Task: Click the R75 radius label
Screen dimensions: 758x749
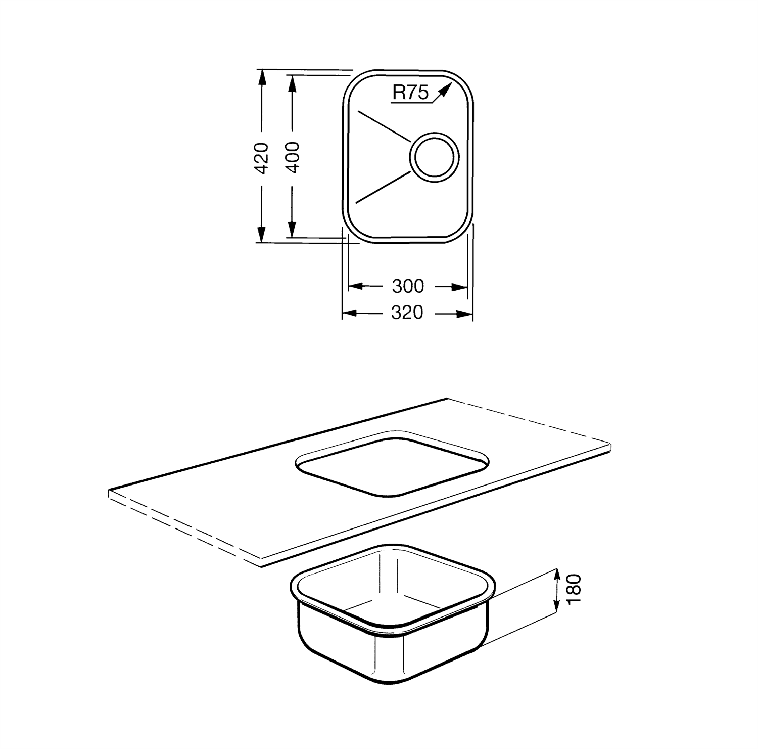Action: pyautogui.click(x=410, y=93)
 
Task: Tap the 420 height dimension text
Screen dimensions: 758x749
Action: pyautogui.click(x=261, y=158)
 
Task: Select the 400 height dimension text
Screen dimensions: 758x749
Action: pyautogui.click(x=292, y=158)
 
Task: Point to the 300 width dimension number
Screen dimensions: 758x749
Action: pyautogui.click(x=408, y=286)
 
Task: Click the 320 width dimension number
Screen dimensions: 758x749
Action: pyautogui.click(x=407, y=313)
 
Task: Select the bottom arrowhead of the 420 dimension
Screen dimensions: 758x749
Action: pyautogui.click(x=261, y=234)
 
